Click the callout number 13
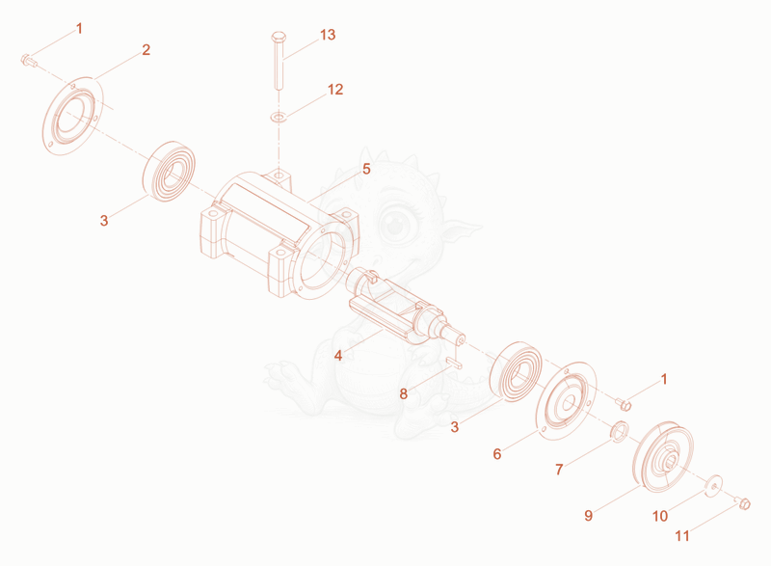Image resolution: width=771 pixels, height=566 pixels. (x=328, y=35)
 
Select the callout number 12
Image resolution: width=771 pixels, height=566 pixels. (x=335, y=90)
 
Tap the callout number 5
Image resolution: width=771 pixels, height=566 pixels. (x=366, y=169)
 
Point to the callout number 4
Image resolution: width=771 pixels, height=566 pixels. (x=338, y=355)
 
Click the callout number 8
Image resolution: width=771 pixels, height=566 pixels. (x=403, y=394)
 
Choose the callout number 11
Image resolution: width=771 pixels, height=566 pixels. (x=682, y=535)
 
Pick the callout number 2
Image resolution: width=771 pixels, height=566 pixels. (x=146, y=50)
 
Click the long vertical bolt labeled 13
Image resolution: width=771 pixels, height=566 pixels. (x=279, y=61)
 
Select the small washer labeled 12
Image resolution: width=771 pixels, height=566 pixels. (x=279, y=118)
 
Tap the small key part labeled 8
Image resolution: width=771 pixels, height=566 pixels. (x=454, y=363)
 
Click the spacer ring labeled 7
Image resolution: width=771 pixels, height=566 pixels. (x=619, y=430)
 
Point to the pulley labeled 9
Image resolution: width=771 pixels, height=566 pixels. (x=662, y=456)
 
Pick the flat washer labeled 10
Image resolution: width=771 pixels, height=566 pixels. (x=713, y=486)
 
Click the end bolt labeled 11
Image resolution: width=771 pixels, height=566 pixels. (x=744, y=503)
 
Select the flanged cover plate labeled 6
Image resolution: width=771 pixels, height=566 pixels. (x=566, y=402)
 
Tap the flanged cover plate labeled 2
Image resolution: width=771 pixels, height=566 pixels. (x=72, y=117)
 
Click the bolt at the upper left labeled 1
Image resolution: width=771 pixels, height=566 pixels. (x=29, y=61)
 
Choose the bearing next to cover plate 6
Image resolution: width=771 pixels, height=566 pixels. (x=516, y=372)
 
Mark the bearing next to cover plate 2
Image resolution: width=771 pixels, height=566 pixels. (x=169, y=171)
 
